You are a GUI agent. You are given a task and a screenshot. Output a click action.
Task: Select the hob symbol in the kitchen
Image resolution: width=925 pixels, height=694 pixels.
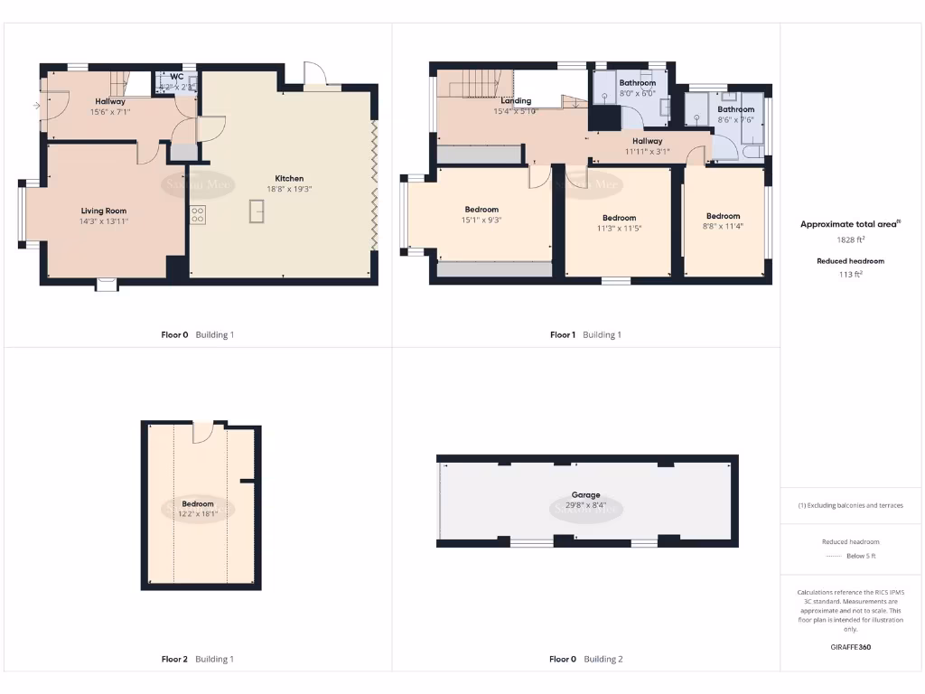pos(197,214)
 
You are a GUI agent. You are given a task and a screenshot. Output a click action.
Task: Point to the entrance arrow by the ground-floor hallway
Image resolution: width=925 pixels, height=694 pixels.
pos(35,106)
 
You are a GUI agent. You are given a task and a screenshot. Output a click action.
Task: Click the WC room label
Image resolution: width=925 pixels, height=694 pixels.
pos(176,77)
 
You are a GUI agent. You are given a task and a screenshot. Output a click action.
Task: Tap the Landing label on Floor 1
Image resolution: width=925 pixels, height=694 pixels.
pos(516,101)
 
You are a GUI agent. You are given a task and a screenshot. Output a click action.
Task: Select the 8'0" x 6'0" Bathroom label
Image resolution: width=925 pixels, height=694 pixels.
pos(637,83)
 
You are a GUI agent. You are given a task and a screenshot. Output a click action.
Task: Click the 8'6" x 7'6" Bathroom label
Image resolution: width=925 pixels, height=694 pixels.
pos(735,109)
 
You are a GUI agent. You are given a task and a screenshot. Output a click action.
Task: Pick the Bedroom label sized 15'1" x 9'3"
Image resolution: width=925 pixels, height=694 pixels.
pos(481,210)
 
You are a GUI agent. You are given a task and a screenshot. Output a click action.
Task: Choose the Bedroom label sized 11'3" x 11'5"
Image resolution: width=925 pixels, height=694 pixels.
pos(619,218)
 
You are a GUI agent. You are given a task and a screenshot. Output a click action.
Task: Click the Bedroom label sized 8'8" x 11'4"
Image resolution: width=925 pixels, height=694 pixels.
pos(723,216)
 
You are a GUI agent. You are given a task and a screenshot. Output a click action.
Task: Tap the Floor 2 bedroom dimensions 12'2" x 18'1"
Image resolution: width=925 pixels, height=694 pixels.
pos(198,514)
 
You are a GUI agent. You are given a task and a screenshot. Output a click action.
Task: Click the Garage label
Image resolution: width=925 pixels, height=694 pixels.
pos(585,495)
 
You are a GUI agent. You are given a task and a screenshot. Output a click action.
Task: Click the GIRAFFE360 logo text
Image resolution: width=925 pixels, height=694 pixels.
pos(850,647)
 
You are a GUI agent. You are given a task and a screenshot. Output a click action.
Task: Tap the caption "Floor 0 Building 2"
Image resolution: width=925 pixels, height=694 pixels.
pos(585,660)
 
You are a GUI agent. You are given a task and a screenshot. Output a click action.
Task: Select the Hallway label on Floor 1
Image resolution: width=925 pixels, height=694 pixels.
pos(647,141)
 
